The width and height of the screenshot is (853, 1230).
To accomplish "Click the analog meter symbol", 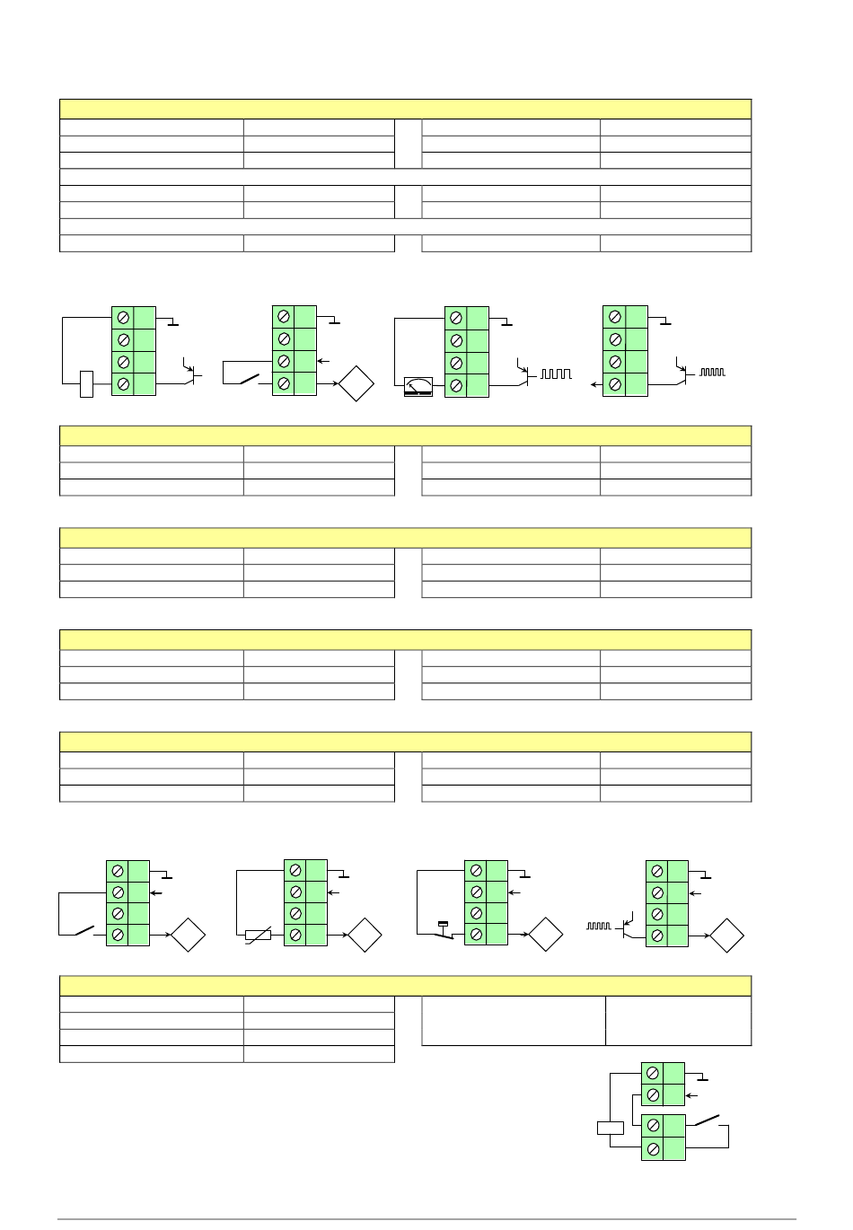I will (418, 386).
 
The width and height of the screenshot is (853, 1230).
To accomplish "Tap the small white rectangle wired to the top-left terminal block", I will (87, 384).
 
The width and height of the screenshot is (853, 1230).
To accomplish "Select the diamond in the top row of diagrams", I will (356, 384).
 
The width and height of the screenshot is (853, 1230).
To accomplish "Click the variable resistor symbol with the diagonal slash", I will (258, 935).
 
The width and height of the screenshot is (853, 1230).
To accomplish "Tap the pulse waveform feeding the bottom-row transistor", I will (599, 925).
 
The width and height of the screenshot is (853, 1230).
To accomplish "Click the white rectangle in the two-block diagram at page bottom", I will (610, 1128).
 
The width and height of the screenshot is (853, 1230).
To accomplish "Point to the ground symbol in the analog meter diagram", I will (506, 323).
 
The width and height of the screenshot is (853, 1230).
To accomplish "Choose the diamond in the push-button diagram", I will (546, 935).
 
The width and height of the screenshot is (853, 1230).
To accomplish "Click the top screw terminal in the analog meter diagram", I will (456, 319).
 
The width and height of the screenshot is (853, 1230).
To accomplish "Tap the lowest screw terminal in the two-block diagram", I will (654, 1149).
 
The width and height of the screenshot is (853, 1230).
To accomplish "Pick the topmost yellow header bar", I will (405, 110).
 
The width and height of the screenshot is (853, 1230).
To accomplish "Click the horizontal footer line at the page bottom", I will (426, 1219).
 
